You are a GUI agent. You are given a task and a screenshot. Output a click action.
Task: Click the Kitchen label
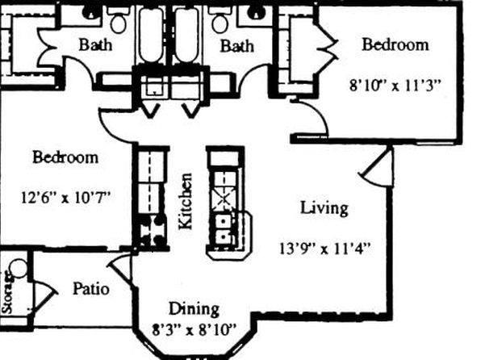tap(186, 201)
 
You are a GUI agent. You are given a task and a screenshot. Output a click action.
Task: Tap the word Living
tap(324, 208)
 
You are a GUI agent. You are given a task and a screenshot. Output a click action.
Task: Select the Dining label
tap(194, 309)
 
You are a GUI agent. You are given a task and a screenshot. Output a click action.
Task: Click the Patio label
tap(91, 289)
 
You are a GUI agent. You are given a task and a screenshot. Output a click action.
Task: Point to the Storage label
tap(7, 293)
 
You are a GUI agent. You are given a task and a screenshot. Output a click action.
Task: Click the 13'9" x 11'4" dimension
tap(325, 248)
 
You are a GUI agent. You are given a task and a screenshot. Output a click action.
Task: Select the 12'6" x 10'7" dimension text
tap(65, 197)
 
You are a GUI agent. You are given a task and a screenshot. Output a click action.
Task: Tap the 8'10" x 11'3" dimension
tap(395, 85)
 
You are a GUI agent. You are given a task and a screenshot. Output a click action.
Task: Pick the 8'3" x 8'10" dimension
tap(194, 330)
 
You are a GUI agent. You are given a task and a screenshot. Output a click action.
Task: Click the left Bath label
tap(95, 44)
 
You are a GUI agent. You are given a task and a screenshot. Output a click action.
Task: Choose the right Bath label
tap(236, 46)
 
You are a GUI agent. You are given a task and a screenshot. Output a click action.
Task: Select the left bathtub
tap(151, 35)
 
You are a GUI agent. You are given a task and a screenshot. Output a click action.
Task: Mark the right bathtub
tap(187, 35)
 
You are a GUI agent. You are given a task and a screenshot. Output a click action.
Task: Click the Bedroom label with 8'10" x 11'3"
tap(395, 44)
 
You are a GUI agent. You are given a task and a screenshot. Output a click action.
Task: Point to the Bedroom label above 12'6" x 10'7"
tap(65, 157)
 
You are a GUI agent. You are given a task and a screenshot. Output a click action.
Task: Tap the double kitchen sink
tap(224, 228)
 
